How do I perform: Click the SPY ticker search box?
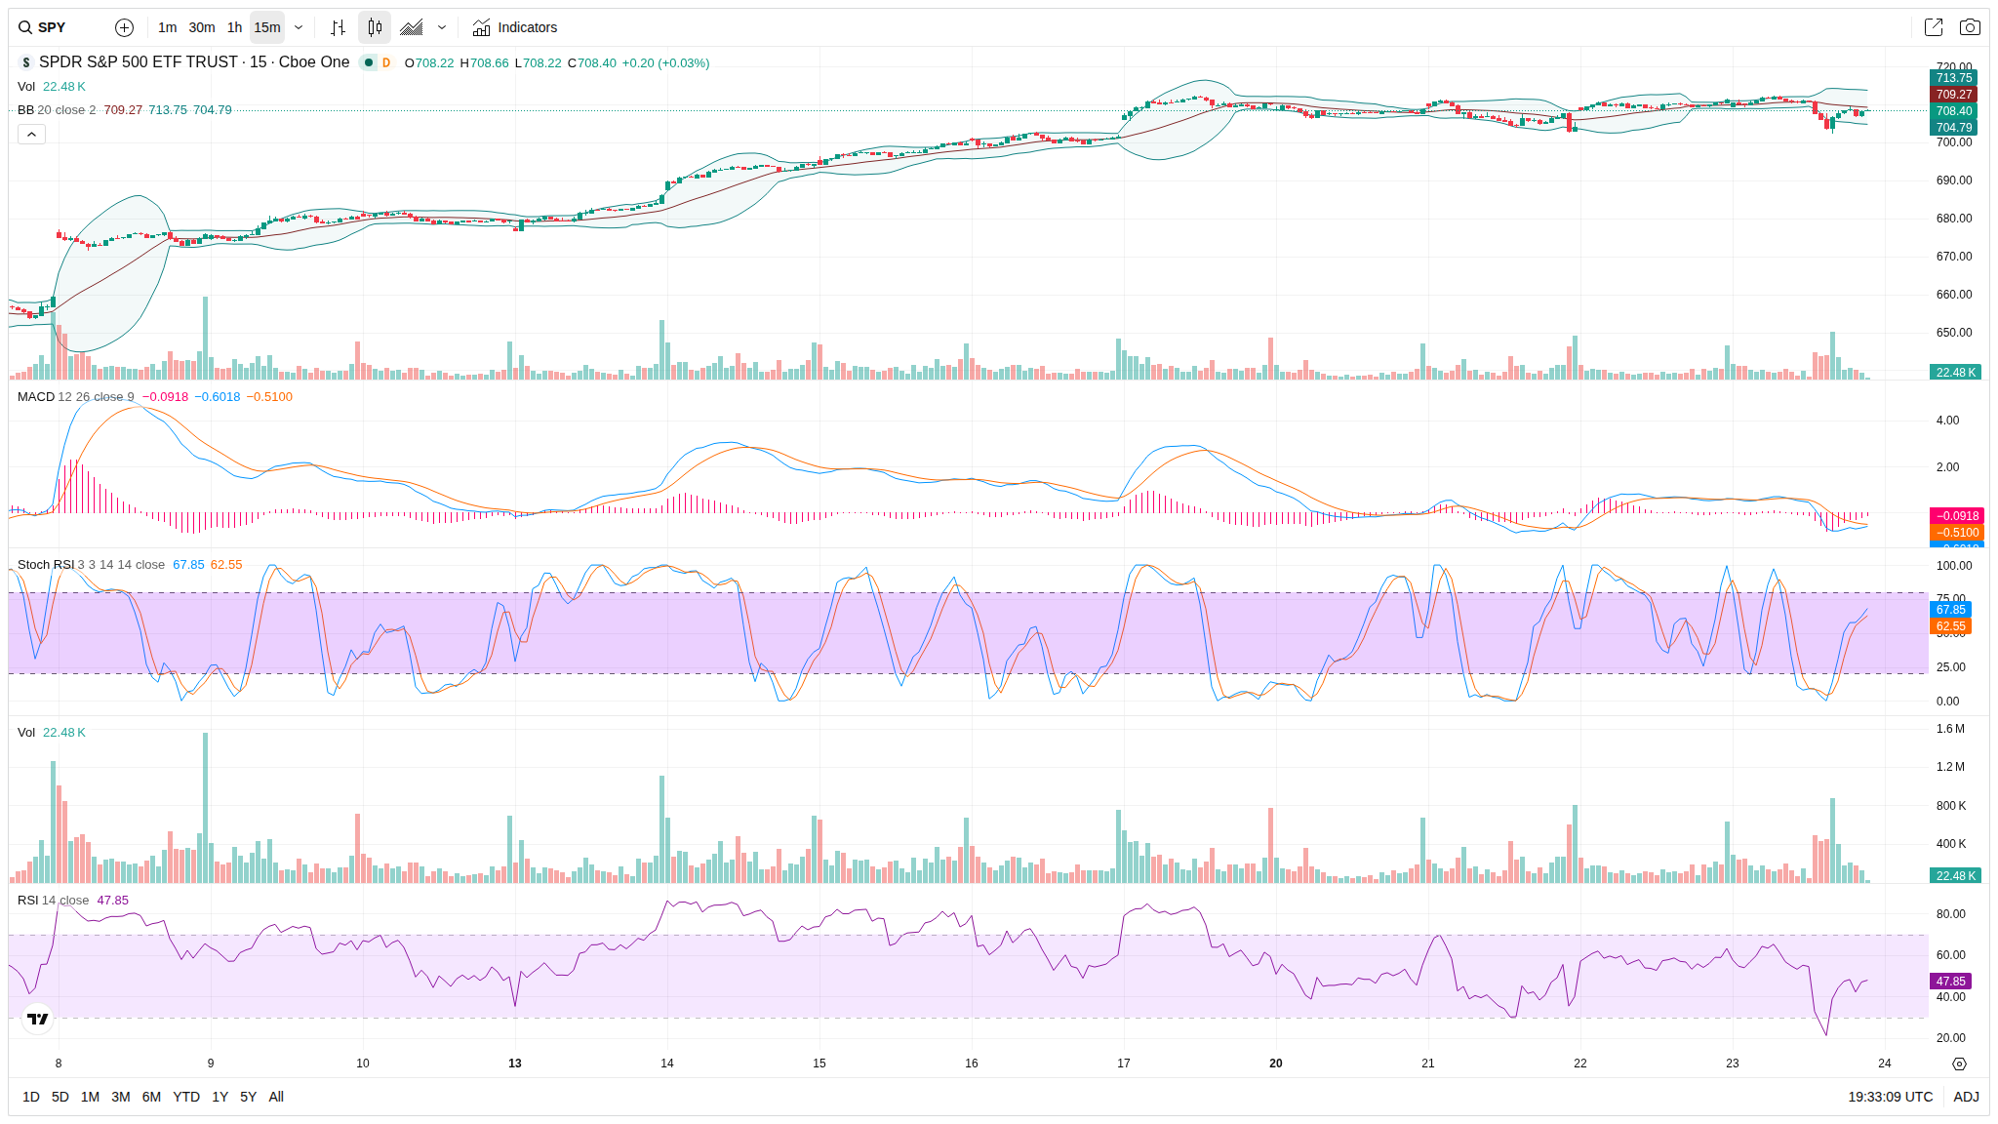pos(53,27)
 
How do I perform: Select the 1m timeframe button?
pos(168,27)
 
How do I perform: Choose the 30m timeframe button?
pos(202,27)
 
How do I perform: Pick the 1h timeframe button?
pos(234,27)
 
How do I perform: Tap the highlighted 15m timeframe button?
pos(267,27)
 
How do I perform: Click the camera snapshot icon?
pos(1970,27)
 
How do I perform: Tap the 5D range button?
pos(60,1097)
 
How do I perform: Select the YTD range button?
pos(186,1097)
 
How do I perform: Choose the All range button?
pos(276,1097)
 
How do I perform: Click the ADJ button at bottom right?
pos(1966,1097)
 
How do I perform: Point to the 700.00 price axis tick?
pos(1954,142)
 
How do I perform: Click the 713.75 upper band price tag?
pos(1954,78)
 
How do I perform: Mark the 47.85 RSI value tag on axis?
pos(1951,982)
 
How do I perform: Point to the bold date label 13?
pos(515,1064)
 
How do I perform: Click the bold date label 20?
pos(1276,1064)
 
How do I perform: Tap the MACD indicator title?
pos(36,397)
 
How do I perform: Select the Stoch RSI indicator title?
pos(46,565)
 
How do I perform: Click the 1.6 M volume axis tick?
pos(1951,729)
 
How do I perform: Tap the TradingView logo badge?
pos(38,1020)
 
